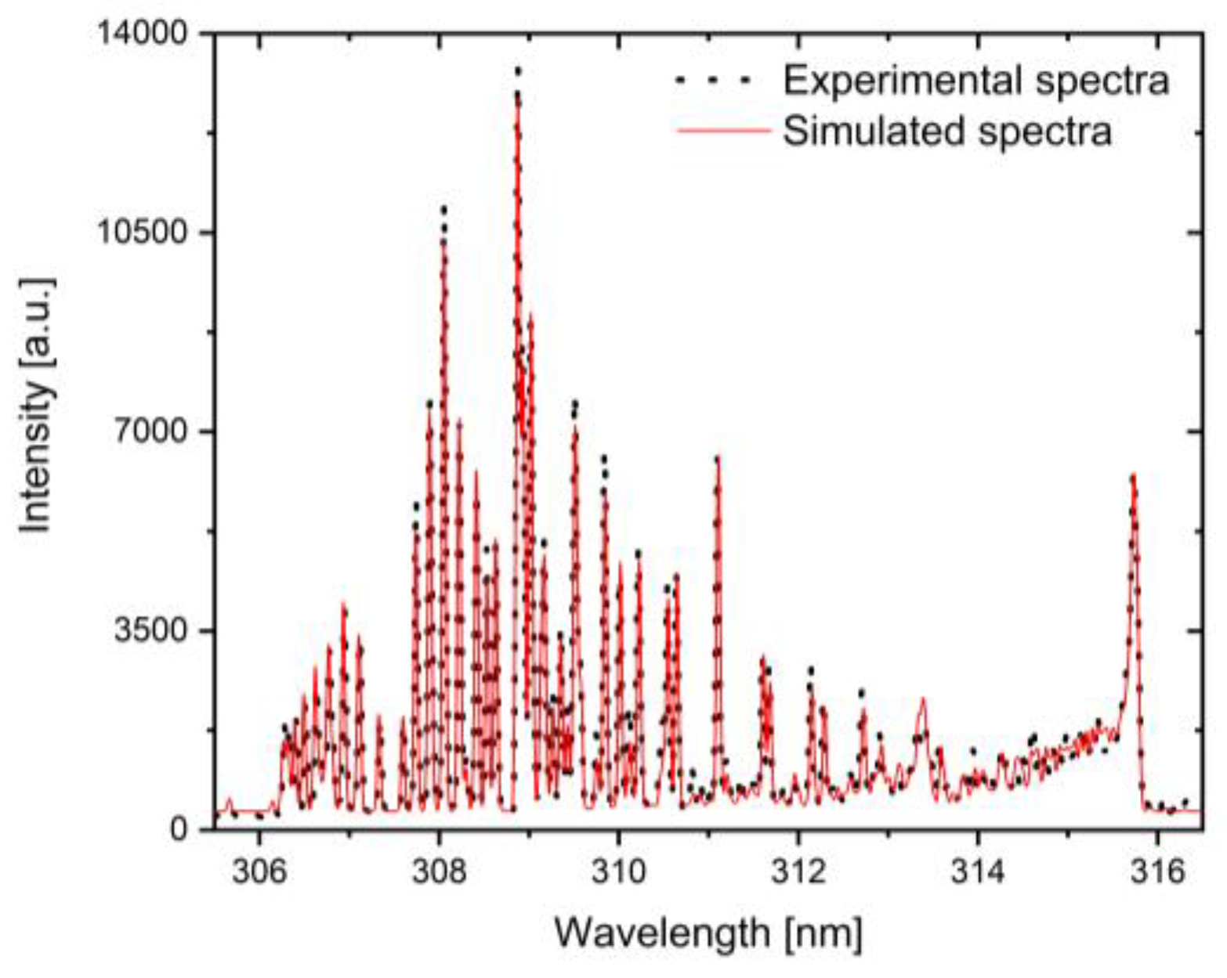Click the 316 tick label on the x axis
pos(1157,871)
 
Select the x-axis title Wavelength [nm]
pos(709,933)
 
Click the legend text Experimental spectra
pos(976,80)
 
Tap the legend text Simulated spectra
pos(947,131)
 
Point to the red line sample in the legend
pos(723,132)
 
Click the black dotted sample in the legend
pos(713,80)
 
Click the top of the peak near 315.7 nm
pos(1133,475)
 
